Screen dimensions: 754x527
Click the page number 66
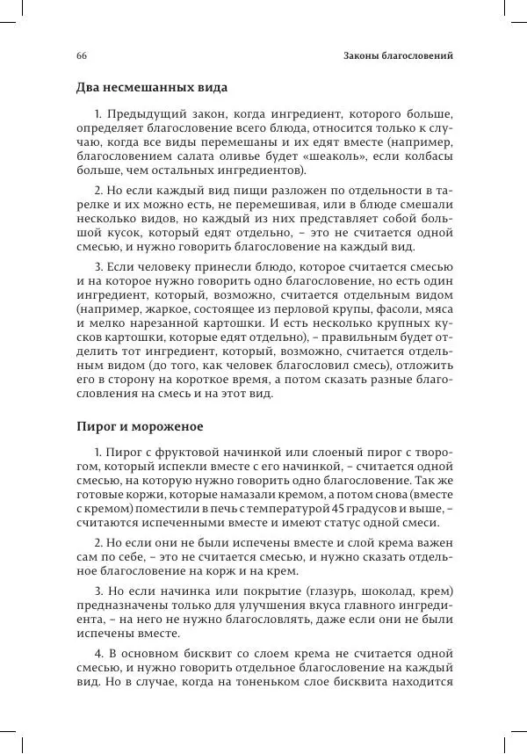pos(81,55)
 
